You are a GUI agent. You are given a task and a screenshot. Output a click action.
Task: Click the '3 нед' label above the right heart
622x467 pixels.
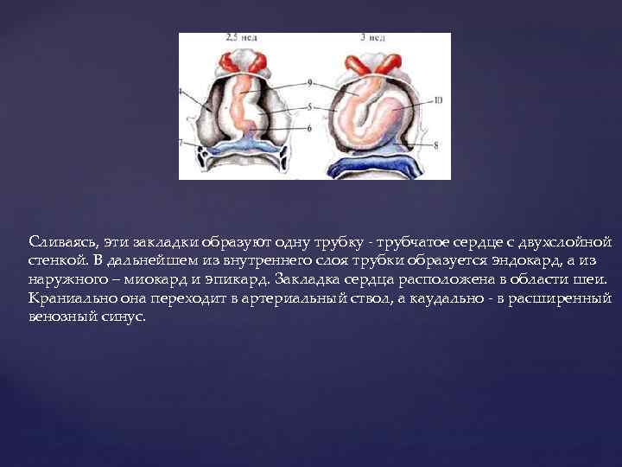373,39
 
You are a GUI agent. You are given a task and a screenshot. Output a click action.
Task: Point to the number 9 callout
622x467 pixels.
308,83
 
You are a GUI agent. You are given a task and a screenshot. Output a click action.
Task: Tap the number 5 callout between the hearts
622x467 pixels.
308,107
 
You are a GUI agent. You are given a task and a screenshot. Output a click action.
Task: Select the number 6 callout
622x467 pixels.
308,128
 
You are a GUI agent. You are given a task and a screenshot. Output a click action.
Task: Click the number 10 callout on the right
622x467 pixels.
438,100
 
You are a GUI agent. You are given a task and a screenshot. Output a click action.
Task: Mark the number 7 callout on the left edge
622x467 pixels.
181,141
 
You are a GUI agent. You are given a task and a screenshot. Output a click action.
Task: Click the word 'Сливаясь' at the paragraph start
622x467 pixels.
59,240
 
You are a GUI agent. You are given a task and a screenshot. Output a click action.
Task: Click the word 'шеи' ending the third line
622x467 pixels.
594,279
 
